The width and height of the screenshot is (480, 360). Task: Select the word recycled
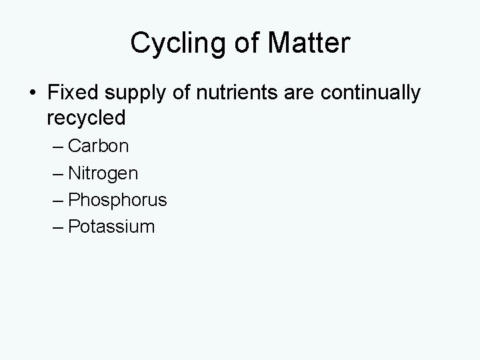click(87, 119)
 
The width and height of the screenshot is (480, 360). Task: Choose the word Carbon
click(99, 146)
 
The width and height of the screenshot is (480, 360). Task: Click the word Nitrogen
click(103, 174)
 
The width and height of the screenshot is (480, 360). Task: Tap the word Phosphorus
click(117, 200)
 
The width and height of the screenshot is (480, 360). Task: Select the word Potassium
click(111, 227)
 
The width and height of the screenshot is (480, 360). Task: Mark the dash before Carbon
click(57, 147)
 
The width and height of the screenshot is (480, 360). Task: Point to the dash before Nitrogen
click(57, 174)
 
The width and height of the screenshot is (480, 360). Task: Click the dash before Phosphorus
click(57, 201)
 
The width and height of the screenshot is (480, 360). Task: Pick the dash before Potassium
click(57, 227)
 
